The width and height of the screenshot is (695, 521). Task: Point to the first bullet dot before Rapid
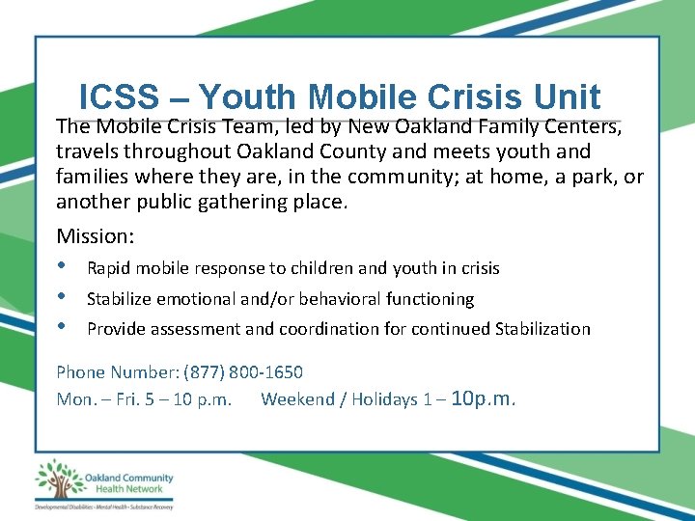[63, 266]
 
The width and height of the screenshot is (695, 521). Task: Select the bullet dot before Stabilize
[63, 297]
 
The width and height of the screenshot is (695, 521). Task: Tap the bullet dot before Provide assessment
[63, 327]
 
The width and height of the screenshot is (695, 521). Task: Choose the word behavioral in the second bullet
[360, 299]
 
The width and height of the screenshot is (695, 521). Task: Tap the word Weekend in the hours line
[297, 399]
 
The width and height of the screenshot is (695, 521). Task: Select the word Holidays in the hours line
[385, 399]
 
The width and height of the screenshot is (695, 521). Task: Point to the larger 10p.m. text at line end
[484, 398]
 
